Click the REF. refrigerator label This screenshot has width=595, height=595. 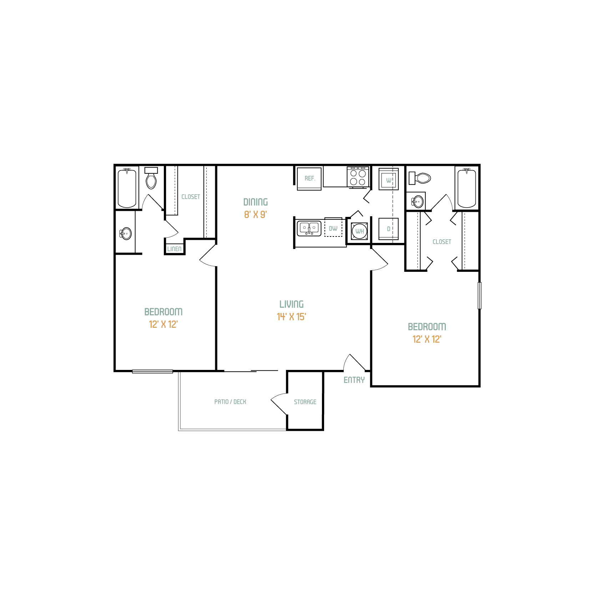(310, 178)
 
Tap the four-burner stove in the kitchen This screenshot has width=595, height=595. (358, 177)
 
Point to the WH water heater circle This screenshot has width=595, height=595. (359, 231)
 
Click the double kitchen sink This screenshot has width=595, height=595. (309, 228)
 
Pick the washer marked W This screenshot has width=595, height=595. (389, 179)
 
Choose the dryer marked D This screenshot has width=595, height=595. (389, 229)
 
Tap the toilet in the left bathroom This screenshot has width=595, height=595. (151, 178)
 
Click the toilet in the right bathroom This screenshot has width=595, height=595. (420, 178)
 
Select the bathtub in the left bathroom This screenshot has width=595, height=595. (127, 188)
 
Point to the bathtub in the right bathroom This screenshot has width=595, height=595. (467, 188)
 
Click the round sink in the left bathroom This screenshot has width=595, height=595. (126, 234)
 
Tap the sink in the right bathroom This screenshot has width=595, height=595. (418, 202)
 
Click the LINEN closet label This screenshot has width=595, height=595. (174, 249)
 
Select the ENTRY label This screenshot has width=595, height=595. (354, 380)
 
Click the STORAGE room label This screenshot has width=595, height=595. (305, 402)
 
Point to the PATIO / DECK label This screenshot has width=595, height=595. (230, 402)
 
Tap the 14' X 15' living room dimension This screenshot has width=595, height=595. (291, 317)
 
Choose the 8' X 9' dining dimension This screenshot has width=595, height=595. (256, 214)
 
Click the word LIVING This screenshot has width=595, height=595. (292, 304)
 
